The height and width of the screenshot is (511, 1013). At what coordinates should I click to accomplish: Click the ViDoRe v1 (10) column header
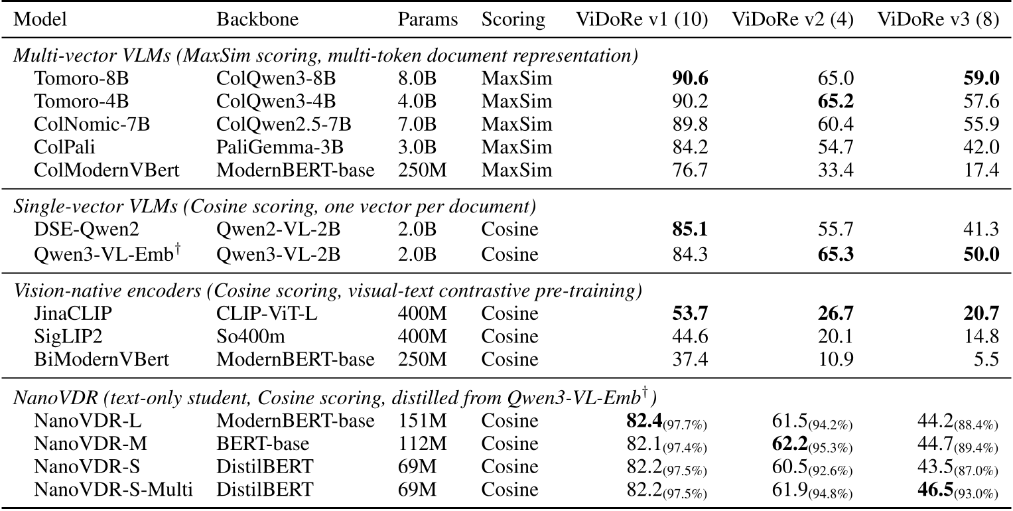click(642, 19)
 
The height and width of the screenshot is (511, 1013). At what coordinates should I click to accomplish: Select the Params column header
click(428, 19)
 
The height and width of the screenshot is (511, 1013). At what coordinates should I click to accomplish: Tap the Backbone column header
click(257, 19)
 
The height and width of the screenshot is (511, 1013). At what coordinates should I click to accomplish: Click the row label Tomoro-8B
click(81, 79)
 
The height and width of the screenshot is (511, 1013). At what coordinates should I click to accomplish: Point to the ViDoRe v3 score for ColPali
click(982, 147)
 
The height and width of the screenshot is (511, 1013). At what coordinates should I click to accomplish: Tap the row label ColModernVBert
click(106, 171)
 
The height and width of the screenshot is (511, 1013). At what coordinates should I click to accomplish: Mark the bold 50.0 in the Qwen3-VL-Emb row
click(980, 254)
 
